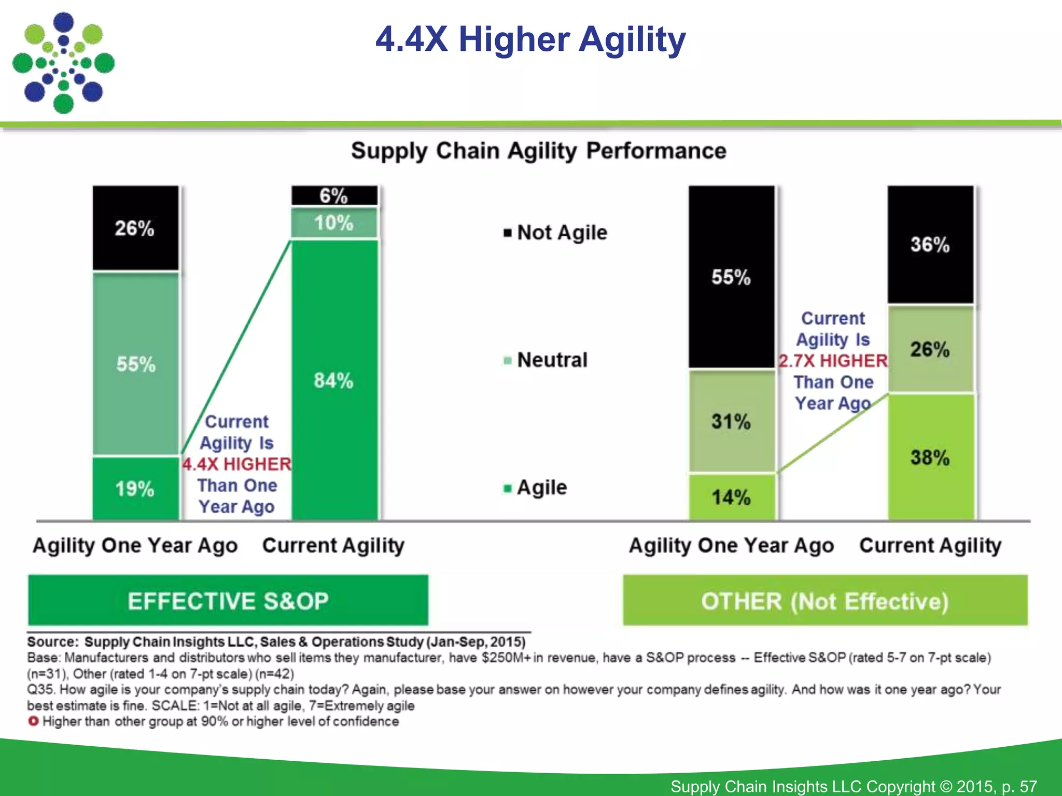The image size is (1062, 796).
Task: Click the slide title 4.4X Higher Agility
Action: (530, 40)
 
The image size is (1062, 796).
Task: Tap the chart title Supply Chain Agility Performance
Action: (538, 151)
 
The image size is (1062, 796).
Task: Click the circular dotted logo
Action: (63, 63)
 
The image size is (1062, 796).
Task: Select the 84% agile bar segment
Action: (334, 380)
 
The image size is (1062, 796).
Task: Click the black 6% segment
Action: (334, 196)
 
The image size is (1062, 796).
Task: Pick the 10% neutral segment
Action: (334, 223)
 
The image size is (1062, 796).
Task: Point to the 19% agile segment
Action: (135, 488)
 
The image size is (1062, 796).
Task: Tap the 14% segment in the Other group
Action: (731, 497)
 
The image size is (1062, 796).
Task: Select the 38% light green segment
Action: (930, 457)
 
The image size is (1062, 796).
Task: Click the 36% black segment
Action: (930, 244)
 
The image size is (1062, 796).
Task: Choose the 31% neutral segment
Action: (731, 421)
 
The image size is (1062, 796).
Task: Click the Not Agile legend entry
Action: (556, 232)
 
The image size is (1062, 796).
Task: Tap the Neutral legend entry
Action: (547, 360)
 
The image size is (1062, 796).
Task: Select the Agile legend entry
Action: (536, 487)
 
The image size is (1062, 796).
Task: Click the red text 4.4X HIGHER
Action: (237, 464)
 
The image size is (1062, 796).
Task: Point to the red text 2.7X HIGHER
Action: (833, 361)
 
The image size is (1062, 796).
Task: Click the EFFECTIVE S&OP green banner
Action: (228, 601)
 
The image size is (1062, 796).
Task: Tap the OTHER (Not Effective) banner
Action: (825, 601)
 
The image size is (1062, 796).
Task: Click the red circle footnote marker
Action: (33, 721)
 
